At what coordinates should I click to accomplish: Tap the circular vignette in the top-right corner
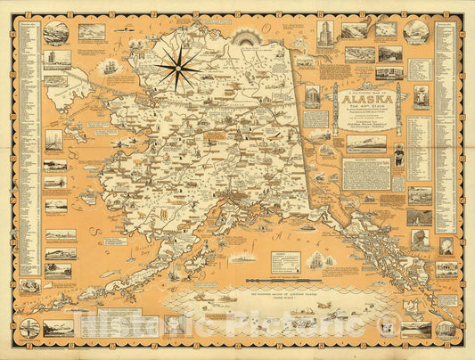click(415, 31)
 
